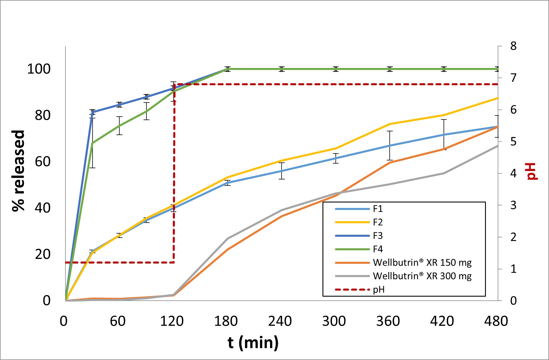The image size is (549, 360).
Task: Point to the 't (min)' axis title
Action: click(x=253, y=343)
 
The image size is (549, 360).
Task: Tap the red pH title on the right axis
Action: click(x=532, y=172)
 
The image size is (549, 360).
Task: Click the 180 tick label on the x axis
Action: click(x=226, y=321)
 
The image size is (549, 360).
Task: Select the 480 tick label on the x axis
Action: click(x=496, y=321)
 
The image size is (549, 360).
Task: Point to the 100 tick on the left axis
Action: click(x=39, y=69)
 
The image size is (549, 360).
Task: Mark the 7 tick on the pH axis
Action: click(x=513, y=78)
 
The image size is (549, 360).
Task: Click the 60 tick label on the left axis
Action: click(x=42, y=162)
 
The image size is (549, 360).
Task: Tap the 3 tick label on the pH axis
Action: click(x=513, y=205)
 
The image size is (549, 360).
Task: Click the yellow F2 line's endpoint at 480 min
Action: click(x=497, y=98)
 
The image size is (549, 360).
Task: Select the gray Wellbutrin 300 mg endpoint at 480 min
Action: click(x=497, y=146)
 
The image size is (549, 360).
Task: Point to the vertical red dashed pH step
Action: click(x=174, y=173)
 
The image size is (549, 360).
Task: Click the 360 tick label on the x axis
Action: click(x=388, y=321)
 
